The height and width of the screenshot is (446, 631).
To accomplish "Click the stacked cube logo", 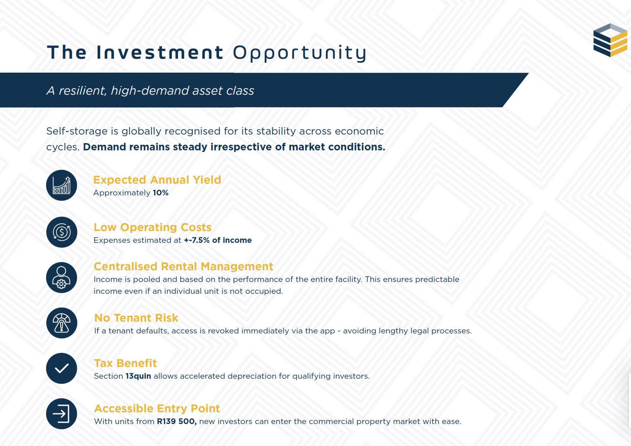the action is pyautogui.click(x=610, y=40).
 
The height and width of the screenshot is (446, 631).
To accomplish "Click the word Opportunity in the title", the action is pyautogui.click(x=300, y=53).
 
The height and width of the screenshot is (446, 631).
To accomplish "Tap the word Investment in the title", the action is pyautogui.click(x=160, y=52).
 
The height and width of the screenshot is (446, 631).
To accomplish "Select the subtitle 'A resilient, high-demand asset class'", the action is pyautogui.click(x=150, y=90).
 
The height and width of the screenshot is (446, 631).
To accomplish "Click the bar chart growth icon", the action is pyautogui.click(x=61, y=185).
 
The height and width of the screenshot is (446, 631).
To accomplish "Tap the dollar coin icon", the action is pyautogui.click(x=61, y=232).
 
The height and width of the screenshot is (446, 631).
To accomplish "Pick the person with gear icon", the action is pyautogui.click(x=61, y=278).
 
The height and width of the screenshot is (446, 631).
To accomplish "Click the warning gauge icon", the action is pyautogui.click(x=61, y=323).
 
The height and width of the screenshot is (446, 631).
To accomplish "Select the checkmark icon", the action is pyautogui.click(x=61, y=368).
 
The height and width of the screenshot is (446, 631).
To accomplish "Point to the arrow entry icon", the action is pyautogui.click(x=61, y=414).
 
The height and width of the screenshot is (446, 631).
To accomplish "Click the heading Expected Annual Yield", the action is pyautogui.click(x=157, y=180).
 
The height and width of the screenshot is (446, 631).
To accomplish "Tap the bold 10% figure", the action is pyautogui.click(x=160, y=193).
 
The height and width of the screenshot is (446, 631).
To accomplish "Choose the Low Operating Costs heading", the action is pyautogui.click(x=152, y=227).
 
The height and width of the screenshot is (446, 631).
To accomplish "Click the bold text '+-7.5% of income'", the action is pyautogui.click(x=218, y=240).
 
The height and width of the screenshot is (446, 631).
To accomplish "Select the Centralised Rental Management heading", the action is pyautogui.click(x=183, y=266).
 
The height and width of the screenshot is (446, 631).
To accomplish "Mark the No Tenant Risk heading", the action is pyautogui.click(x=136, y=318).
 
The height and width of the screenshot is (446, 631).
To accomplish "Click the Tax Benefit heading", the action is pyautogui.click(x=125, y=363).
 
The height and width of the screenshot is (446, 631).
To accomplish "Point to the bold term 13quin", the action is pyautogui.click(x=138, y=376).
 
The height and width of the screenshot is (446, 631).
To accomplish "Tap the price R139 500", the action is pyautogui.click(x=176, y=421).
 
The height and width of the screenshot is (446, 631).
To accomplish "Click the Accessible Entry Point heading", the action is pyautogui.click(x=157, y=409).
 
